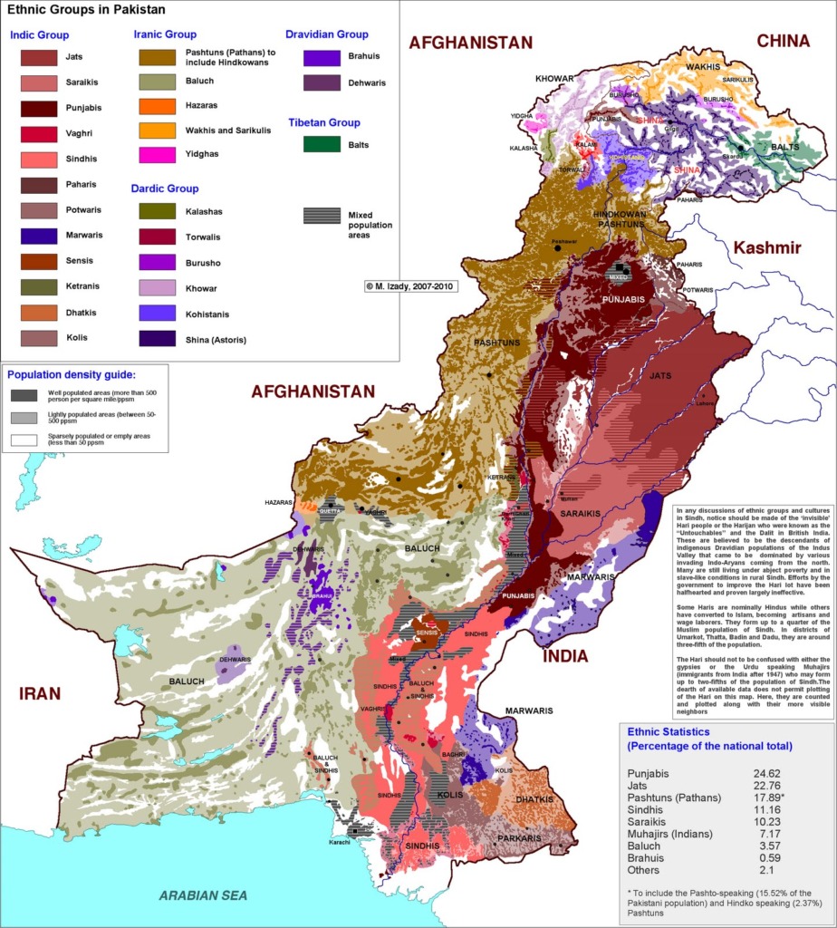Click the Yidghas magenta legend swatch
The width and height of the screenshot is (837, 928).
[x=157, y=155]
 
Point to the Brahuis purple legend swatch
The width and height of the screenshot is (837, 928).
[x=322, y=57]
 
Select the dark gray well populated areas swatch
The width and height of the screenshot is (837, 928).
[x=24, y=395]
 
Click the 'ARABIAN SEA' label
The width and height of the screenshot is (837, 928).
[x=204, y=895]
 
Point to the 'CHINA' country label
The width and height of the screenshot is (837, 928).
[x=783, y=41]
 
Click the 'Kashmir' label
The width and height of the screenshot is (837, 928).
[x=766, y=248]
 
